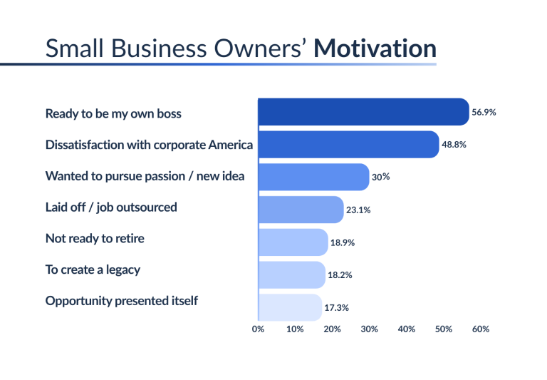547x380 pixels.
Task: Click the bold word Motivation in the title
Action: pyautogui.click(x=375, y=48)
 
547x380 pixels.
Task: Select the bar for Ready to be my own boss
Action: pyautogui.click(x=363, y=112)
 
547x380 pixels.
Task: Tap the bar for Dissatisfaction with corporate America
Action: pyautogui.click(x=348, y=144)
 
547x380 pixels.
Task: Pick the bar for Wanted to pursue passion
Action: pyautogui.click(x=313, y=177)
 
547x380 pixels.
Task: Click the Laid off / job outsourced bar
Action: pyautogui.click(x=301, y=210)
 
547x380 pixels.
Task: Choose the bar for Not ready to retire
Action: pyautogui.click(x=293, y=242)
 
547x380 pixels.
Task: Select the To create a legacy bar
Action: pyautogui.click(x=291, y=275)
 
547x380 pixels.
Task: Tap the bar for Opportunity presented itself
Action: pyautogui.click(x=290, y=307)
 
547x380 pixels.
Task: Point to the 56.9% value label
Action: pyautogui.click(x=484, y=112)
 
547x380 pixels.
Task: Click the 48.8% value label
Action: pyautogui.click(x=454, y=145)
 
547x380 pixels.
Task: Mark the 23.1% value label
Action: pyautogui.click(x=358, y=210)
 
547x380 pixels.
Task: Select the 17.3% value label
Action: pyautogui.click(x=337, y=308)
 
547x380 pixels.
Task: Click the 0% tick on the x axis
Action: pyautogui.click(x=258, y=329)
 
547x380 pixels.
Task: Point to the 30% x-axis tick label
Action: pyautogui.click(x=370, y=329)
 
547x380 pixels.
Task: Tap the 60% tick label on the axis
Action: pyautogui.click(x=481, y=329)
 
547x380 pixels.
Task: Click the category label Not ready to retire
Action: pyautogui.click(x=95, y=238)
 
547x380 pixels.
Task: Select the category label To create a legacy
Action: pyautogui.click(x=93, y=270)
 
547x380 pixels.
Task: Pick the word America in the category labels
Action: pyautogui.click(x=231, y=145)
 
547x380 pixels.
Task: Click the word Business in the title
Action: pyautogui.click(x=159, y=48)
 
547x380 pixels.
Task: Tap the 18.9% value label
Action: pyautogui.click(x=343, y=242)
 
